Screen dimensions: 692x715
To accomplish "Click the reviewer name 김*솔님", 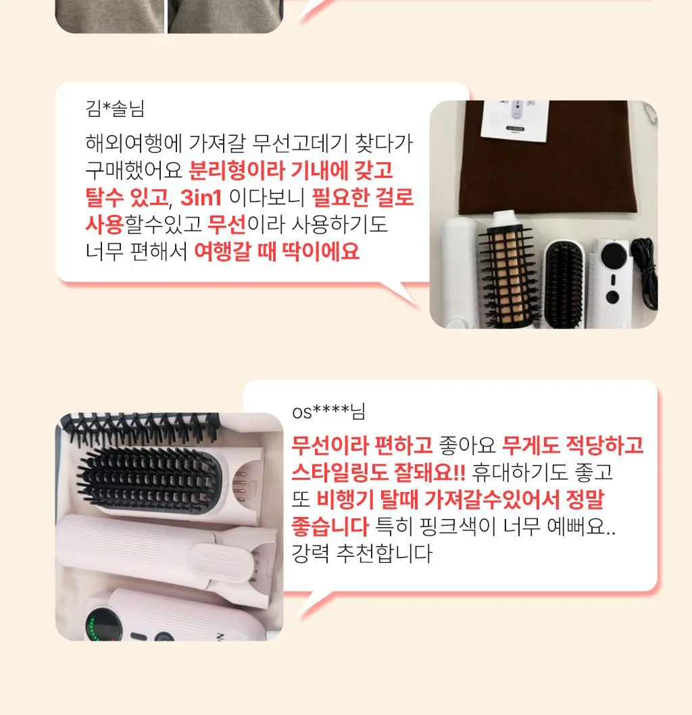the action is pyautogui.click(x=115, y=109).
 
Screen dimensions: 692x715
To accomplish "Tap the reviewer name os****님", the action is pyautogui.click(x=328, y=412).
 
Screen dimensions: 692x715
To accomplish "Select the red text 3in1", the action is pyautogui.click(x=201, y=197).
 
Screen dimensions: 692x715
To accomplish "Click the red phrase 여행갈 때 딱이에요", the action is pyautogui.click(x=276, y=251).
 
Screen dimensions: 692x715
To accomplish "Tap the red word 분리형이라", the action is pyautogui.click(x=237, y=170).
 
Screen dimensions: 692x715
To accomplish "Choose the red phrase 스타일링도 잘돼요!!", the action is pyautogui.click(x=378, y=472).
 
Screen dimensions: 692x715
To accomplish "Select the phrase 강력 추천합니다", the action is pyautogui.click(x=362, y=553).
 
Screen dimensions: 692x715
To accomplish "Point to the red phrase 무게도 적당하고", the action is pyautogui.click(x=572, y=445).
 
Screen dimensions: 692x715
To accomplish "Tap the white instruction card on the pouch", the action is pyautogui.click(x=515, y=120).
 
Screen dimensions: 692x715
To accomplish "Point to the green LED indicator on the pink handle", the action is pyautogui.click(x=92, y=629).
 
